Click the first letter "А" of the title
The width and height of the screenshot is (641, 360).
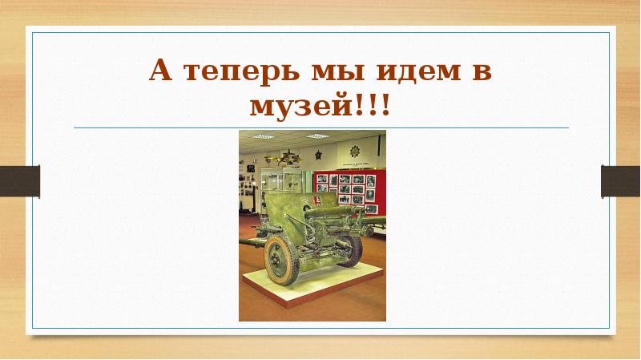pyautogui.click(x=161, y=75)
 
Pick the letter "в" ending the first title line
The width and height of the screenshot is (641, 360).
pyautogui.click(x=480, y=75)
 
